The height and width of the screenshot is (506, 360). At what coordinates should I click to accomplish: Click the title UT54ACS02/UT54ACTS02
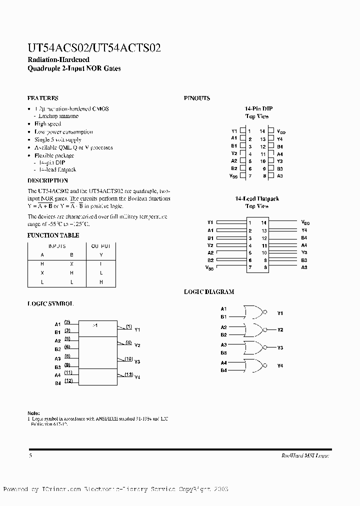point(94,48)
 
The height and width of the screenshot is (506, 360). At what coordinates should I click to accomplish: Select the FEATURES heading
point(42,98)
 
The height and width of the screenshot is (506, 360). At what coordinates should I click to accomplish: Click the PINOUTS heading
point(197,98)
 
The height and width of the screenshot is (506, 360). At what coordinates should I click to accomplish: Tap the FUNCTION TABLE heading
point(53,235)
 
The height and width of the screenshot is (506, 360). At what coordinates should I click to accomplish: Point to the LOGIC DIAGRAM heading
point(209,291)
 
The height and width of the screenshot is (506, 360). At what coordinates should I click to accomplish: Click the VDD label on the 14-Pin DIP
point(280,131)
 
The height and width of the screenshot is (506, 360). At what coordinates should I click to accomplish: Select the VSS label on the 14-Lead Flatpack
point(209,267)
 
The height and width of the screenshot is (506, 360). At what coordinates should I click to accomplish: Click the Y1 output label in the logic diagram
point(280,313)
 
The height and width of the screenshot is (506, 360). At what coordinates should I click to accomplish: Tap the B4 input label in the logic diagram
point(223,370)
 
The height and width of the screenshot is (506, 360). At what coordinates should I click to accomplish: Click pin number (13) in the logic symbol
point(128,374)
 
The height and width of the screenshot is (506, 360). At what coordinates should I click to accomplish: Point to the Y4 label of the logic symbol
point(137,377)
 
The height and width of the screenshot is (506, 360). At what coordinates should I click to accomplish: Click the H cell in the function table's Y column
point(101,282)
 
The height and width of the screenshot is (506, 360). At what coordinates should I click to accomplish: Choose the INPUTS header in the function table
point(57,246)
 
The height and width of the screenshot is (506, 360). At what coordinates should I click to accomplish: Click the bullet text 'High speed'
point(47,124)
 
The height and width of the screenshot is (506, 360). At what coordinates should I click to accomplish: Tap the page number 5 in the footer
point(30,455)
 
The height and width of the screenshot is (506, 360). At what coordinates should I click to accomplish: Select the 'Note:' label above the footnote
point(33,413)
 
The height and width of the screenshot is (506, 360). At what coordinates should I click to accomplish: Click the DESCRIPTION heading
point(47,180)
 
